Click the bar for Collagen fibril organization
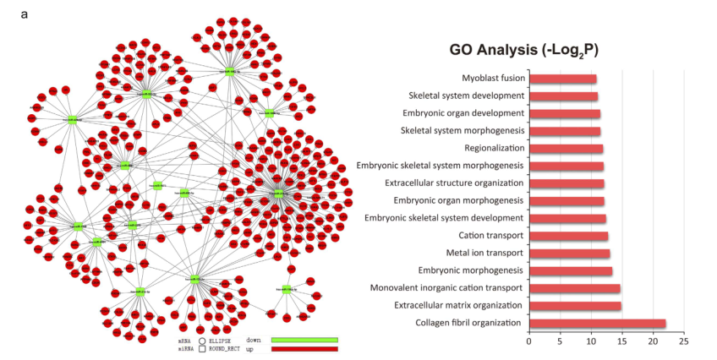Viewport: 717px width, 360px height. (x=597, y=323)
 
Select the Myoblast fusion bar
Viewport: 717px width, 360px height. (x=562, y=79)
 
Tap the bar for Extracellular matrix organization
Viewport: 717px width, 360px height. (x=575, y=305)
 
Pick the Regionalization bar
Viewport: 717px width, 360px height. (x=566, y=149)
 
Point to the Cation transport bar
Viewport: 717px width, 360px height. (x=568, y=236)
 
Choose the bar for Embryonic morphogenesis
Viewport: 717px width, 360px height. (x=571, y=270)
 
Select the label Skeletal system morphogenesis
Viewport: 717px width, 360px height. (x=462, y=131)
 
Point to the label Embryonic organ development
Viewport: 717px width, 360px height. (x=463, y=113)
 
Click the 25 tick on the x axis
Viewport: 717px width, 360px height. (x=683, y=342)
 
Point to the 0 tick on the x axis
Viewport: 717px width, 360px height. (x=529, y=342)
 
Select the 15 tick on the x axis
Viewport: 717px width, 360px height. (x=621, y=342)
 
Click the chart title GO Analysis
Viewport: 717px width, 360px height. (x=523, y=50)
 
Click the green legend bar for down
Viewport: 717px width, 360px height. (x=304, y=340)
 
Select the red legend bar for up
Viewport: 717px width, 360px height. (x=304, y=348)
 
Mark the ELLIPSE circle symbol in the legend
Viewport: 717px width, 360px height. (x=203, y=341)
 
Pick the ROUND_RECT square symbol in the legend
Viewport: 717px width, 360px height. (x=203, y=348)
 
